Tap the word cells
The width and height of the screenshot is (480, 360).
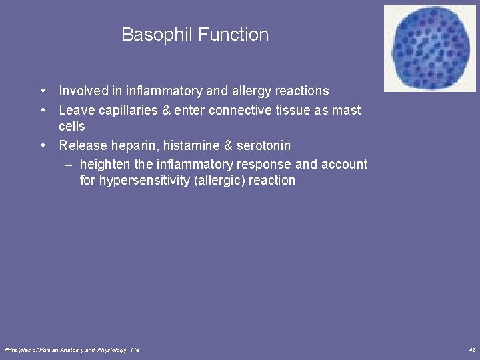[72, 126]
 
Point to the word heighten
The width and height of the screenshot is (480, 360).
[103, 165]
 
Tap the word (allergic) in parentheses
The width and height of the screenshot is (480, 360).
[217, 181]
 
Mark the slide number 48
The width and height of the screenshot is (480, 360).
[472, 350]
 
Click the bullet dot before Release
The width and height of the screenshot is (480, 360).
[42, 145]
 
